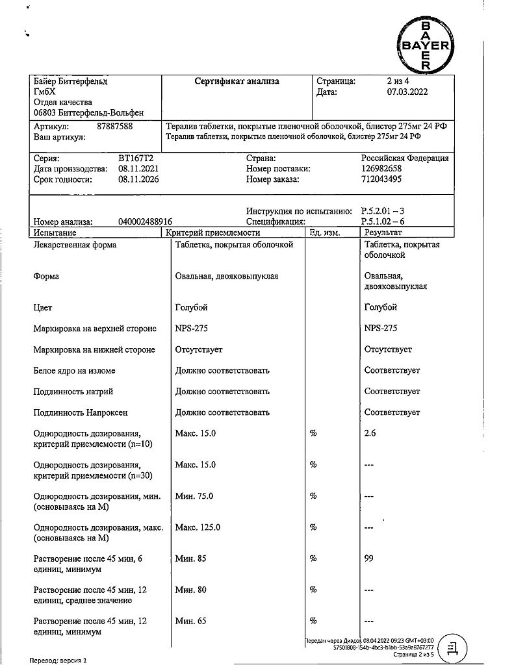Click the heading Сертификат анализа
point(237,82)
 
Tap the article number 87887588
point(114,127)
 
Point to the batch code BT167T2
point(136,158)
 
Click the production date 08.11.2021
point(138,169)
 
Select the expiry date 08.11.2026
point(138,179)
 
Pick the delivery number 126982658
point(383,169)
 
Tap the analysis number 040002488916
point(146,221)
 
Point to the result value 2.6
point(370,433)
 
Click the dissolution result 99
point(369,558)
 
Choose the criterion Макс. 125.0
point(198,527)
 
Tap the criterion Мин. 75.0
point(195,496)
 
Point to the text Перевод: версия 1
point(58,660)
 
